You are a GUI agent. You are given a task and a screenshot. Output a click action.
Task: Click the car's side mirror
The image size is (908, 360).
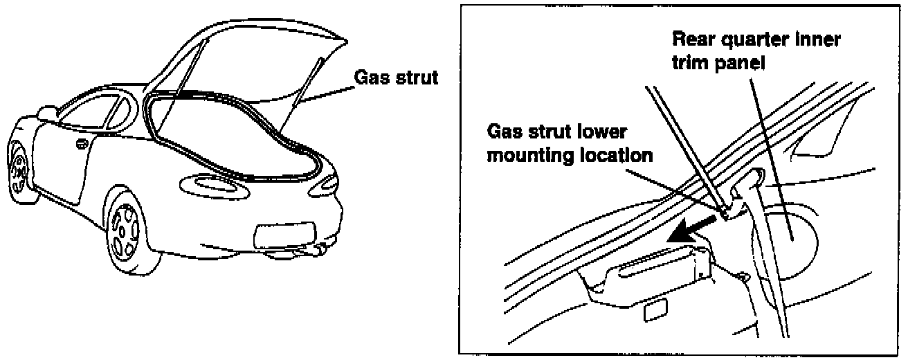pos(47,111)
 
